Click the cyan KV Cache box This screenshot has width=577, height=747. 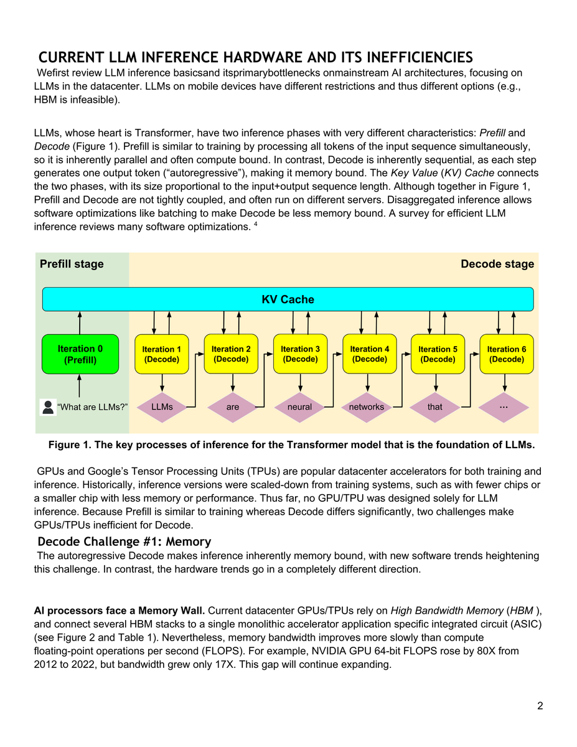tap(288, 299)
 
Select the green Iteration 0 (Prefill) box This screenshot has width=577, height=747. tap(80, 354)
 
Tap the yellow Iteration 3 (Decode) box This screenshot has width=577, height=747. tap(300, 354)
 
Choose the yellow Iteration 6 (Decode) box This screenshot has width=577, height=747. tap(506, 354)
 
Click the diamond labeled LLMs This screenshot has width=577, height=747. tap(162, 407)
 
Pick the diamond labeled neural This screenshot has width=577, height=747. tap(299, 407)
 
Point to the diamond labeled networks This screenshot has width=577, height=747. tap(367, 407)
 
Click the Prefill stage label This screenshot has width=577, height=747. tap(72, 264)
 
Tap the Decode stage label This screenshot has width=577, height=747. tap(497, 264)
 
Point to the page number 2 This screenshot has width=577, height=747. tap(540, 706)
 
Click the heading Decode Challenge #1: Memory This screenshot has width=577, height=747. tap(124, 542)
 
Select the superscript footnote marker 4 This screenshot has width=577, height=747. tap(255, 224)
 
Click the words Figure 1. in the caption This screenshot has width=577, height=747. tap(69, 445)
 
